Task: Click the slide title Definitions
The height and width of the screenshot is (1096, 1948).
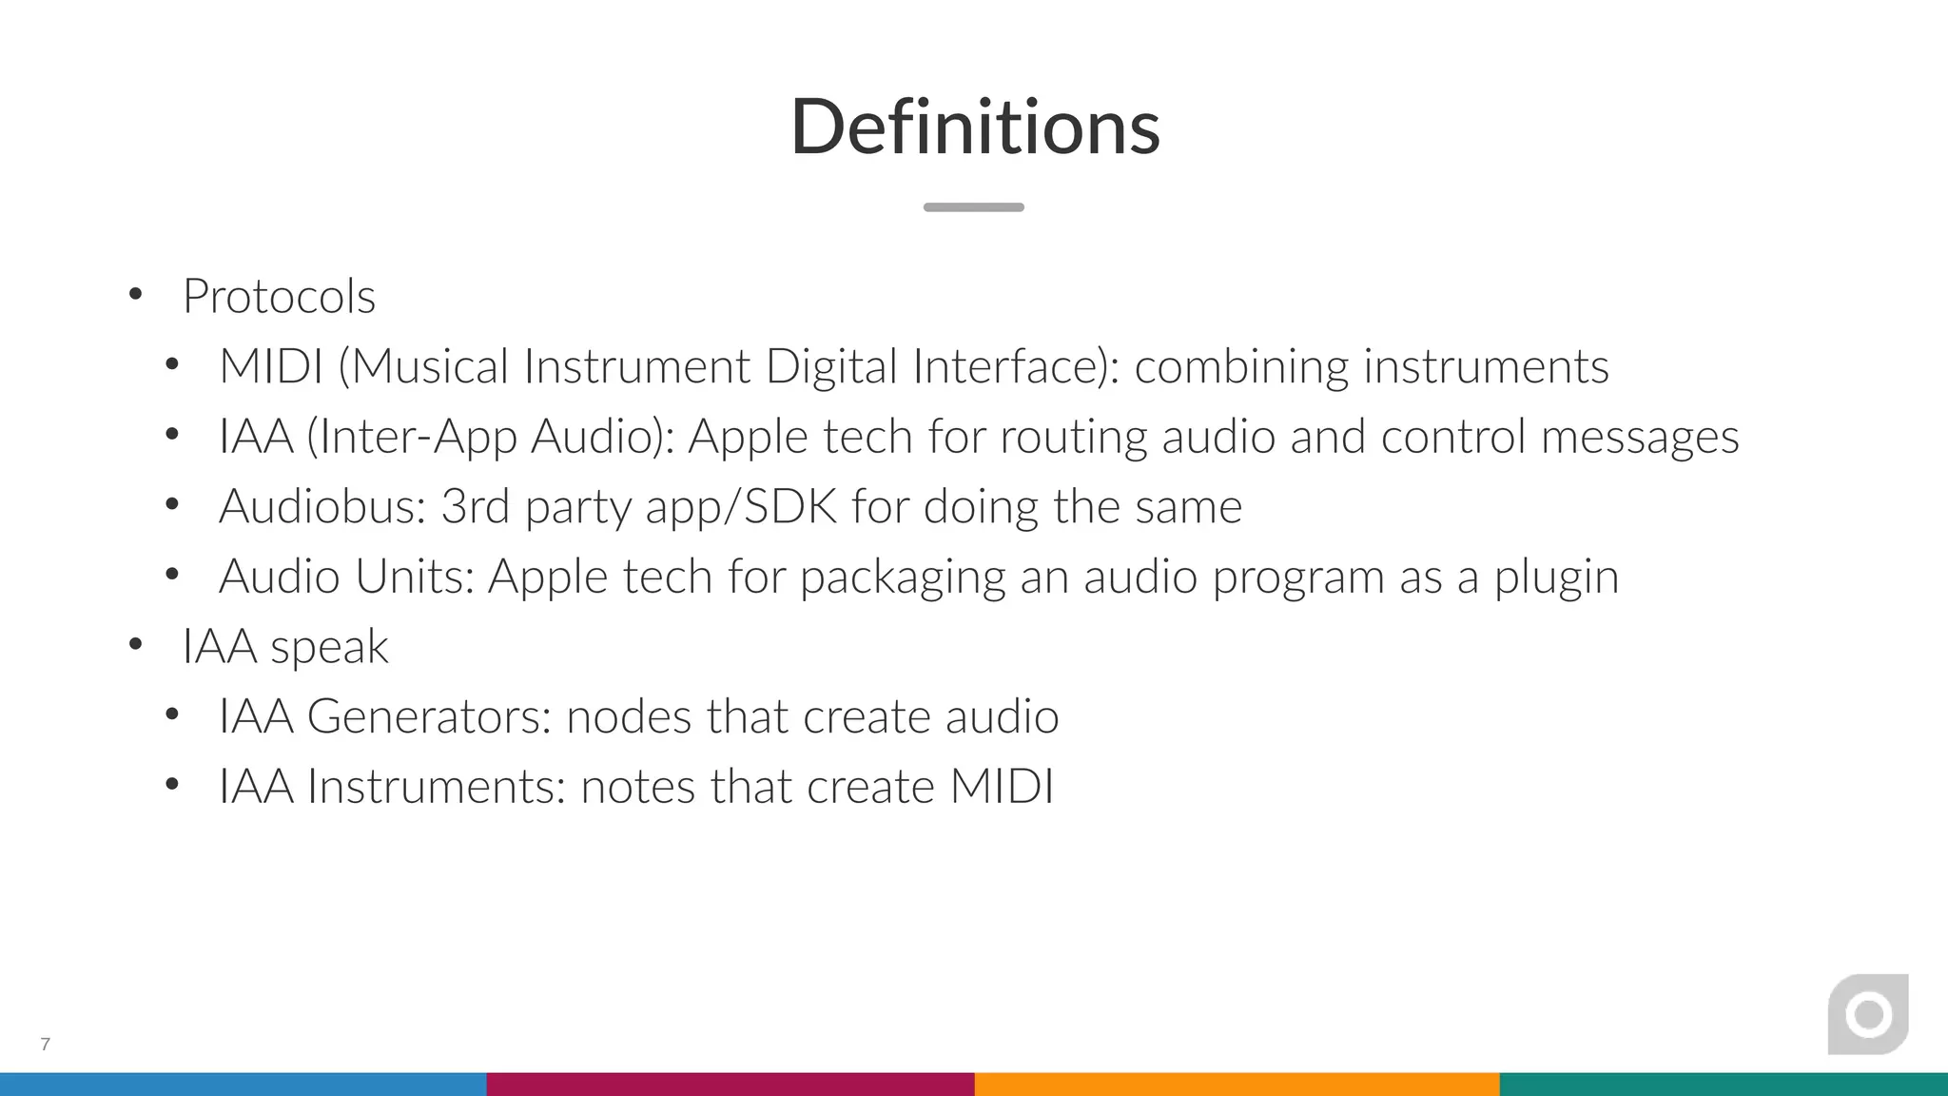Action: pyautogui.click(x=975, y=127)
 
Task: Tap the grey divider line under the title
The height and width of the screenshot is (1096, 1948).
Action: pyautogui.click(x=973, y=207)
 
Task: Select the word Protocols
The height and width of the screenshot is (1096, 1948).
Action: pyautogui.click(x=279, y=296)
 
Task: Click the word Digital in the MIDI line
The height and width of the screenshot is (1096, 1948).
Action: pyautogui.click(x=831, y=367)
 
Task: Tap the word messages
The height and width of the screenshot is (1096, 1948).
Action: pyautogui.click(x=1639, y=438)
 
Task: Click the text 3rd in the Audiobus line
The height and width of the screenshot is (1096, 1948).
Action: pyautogui.click(x=475, y=506)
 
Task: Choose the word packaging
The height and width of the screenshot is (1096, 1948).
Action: pyautogui.click(x=902, y=577)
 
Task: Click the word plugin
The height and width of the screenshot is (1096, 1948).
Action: pyautogui.click(x=1556, y=577)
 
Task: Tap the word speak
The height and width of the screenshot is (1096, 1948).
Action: pyautogui.click(x=329, y=648)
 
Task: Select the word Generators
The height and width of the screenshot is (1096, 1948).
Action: pyautogui.click(x=429, y=716)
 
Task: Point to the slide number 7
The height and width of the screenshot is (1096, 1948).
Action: pyautogui.click(x=45, y=1044)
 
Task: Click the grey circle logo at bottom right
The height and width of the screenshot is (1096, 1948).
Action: pyautogui.click(x=1868, y=1014)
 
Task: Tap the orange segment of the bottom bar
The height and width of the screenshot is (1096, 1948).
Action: pyautogui.click(x=1237, y=1085)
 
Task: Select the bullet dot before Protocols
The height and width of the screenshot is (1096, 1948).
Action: pyautogui.click(x=135, y=295)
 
